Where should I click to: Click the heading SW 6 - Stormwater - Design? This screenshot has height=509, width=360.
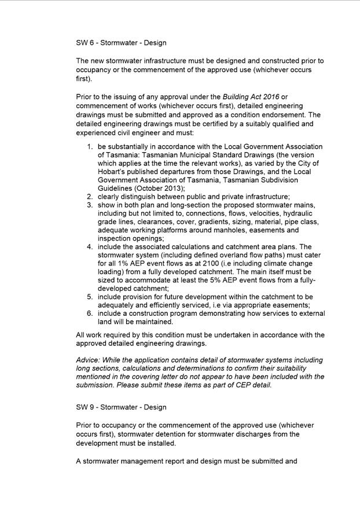pyautogui.click(x=121, y=43)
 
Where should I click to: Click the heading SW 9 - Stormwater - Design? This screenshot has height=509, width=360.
pyautogui.click(x=121, y=407)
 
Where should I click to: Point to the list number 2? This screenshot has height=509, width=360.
pyautogui.click(x=90, y=197)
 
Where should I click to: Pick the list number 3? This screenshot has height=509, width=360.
pyautogui.click(x=90, y=205)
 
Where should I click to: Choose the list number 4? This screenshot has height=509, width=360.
pyautogui.click(x=90, y=247)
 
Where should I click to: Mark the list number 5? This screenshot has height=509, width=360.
pyautogui.click(x=90, y=297)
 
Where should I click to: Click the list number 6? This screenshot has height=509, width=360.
pyautogui.click(x=90, y=313)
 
